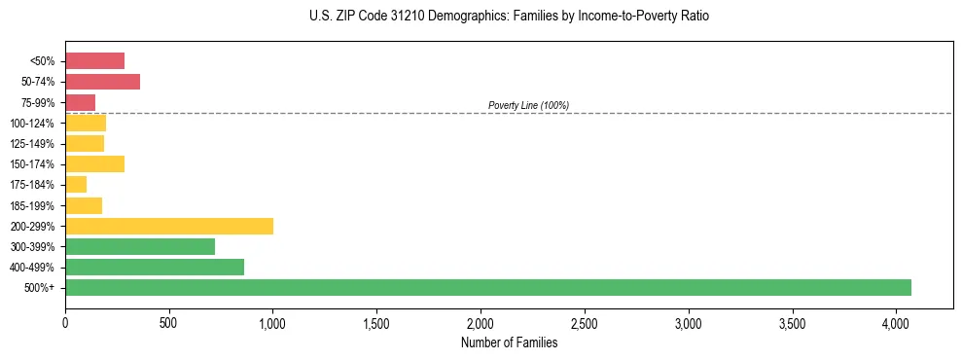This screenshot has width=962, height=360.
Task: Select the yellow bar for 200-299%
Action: pos(169,226)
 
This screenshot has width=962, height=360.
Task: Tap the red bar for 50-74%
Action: pos(102,82)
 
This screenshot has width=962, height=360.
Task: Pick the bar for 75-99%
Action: pos(80,102)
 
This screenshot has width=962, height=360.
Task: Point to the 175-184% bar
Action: pos(76,184)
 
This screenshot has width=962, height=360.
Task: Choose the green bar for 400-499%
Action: pos(155,267)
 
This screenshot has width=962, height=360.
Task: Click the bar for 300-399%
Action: pos(140,246)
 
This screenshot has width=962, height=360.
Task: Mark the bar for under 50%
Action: pos(94,60)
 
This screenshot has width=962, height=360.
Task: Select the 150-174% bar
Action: pos(94,163)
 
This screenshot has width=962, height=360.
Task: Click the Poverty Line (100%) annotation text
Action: pos(528,105)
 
